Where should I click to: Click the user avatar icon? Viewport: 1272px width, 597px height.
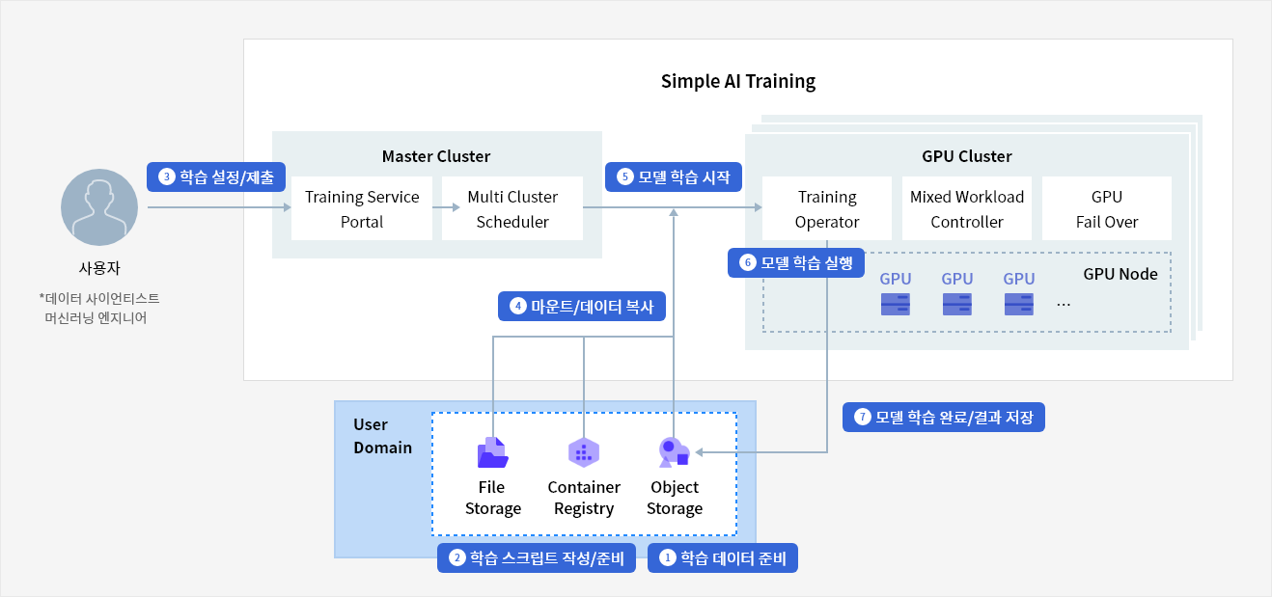99,207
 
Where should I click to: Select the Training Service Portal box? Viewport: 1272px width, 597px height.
362,208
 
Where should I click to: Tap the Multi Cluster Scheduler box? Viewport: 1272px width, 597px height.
512,208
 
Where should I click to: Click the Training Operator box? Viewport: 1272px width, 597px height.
827,208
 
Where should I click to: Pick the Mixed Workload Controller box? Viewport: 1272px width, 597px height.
966,208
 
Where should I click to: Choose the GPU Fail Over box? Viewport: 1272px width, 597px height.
1107,208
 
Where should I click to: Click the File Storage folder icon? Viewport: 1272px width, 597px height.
492,453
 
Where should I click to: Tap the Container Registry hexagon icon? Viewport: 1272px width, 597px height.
584,452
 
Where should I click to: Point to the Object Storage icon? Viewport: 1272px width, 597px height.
674,453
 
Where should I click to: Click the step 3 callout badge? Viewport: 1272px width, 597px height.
216,177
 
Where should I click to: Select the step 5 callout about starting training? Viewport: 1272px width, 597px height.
674,177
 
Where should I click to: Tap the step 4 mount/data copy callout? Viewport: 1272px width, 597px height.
582,307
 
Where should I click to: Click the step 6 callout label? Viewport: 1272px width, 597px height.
796,262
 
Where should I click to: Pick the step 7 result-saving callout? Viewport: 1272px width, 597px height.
944,417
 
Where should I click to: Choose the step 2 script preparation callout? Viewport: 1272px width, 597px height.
536,557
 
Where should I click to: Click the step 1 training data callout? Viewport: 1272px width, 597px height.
722,557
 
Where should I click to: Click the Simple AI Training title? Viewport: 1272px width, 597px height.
738,81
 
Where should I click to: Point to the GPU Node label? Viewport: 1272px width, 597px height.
1120,274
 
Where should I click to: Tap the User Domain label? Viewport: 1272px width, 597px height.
382,436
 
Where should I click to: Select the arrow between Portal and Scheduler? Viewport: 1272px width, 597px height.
446,207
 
